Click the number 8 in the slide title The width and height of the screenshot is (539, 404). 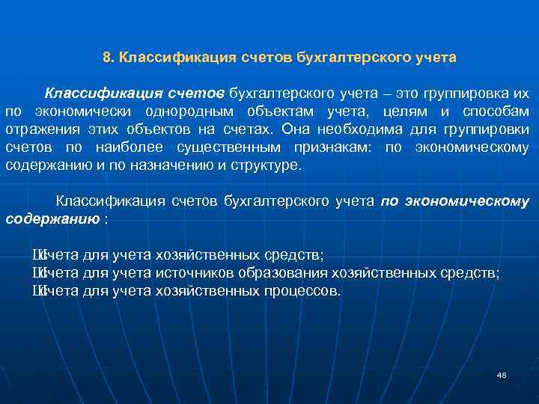tap(106, 57)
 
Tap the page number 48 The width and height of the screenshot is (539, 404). tap(502, 374)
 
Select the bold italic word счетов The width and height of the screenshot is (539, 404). tap(196, 94)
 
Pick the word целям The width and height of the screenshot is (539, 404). tap(408, 112)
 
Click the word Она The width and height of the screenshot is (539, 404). tap(294, 130)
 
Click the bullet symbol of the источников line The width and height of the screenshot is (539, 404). tap(37, 273)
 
